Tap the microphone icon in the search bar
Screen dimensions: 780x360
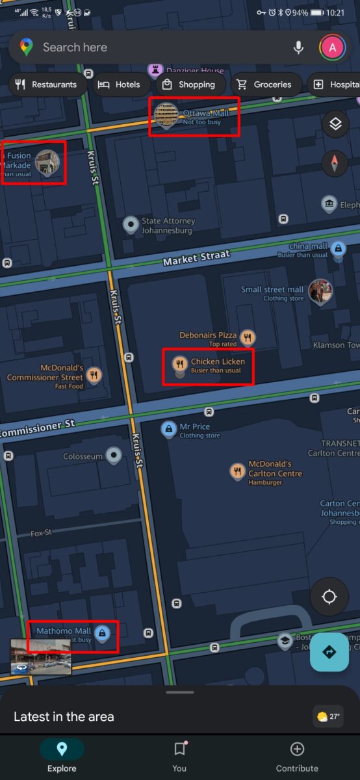pos(298,47)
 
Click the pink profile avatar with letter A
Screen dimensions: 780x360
pos(332,47)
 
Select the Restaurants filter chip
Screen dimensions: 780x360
pos(47,84)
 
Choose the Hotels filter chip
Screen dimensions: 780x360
pos(119,84)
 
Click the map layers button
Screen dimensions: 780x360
pos(335,123)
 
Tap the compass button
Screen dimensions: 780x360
pos(335,162)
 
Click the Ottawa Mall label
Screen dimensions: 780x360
pos(205,114)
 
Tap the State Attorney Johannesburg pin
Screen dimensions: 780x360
pos(131,225)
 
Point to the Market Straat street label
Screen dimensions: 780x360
pos(196,260)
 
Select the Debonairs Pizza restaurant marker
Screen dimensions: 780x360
pos(247,337)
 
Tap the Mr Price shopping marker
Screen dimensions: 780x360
pos(169,429)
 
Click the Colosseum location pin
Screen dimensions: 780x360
pos(114,456)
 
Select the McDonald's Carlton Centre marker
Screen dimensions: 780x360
pos(238,472)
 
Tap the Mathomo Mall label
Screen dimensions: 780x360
pos(64,631)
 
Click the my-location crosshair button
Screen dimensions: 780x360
pos(329,597)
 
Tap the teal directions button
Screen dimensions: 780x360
pos(329,651)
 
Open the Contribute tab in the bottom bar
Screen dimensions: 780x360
pos(297,757)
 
